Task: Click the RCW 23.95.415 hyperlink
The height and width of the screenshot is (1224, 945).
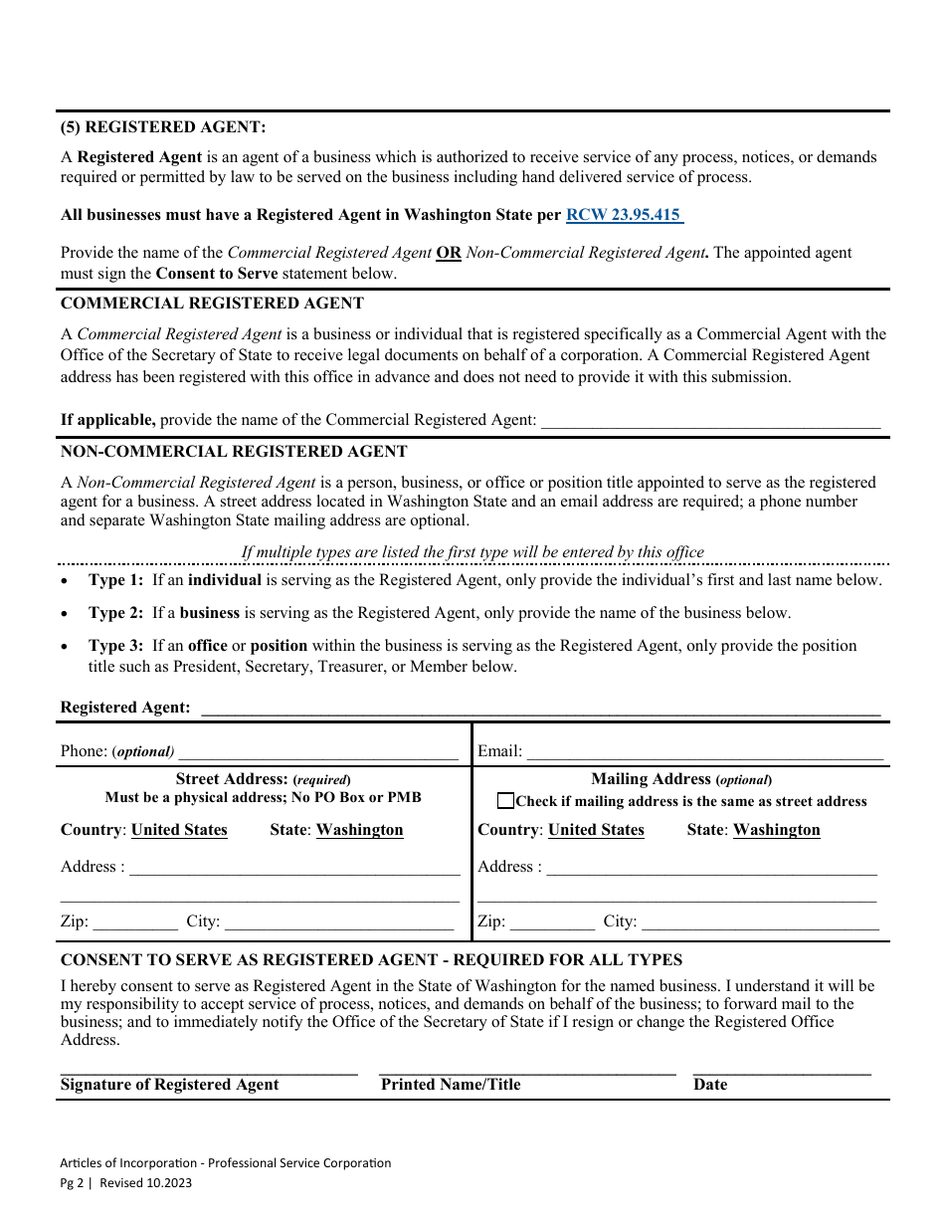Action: click(x=624, y=215)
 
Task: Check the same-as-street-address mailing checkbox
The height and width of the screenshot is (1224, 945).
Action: click(x=506, y=801)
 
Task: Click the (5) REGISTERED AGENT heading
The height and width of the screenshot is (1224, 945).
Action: click(x=163, y=127)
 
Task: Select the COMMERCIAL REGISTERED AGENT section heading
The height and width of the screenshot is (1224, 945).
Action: click(x=212, y=304)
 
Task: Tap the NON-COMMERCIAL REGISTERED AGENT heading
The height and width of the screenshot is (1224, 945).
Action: click(x=234, y=452)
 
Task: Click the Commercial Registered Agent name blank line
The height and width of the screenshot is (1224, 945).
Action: click(x=710, y=421)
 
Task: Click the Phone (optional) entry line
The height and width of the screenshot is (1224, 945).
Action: click(x=317, y=752)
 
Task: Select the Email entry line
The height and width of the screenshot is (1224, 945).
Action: click(x=704, y=752)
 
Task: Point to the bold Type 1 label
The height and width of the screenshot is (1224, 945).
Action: click(x=115, y=580)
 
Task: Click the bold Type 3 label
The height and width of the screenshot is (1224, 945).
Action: click(x=115, y=646)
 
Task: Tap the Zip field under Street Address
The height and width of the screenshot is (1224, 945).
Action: click(x=135, y=922)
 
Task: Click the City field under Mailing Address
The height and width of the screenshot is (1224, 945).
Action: click(x=760, y=922)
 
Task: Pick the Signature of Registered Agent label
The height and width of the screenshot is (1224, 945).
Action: click(x=169, y=1085)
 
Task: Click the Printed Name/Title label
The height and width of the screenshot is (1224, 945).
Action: click(x=451, y=1085)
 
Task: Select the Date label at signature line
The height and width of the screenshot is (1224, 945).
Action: click(x=710, y=1085)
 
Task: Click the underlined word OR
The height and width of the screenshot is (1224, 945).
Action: click(x=449, y=253)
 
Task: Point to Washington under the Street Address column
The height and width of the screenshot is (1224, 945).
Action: click(x=359, y=830)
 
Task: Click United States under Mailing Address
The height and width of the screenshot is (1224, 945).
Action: click(x=596, y=830)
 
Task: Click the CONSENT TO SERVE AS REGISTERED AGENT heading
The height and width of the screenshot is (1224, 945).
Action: click(x=371, y=960)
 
